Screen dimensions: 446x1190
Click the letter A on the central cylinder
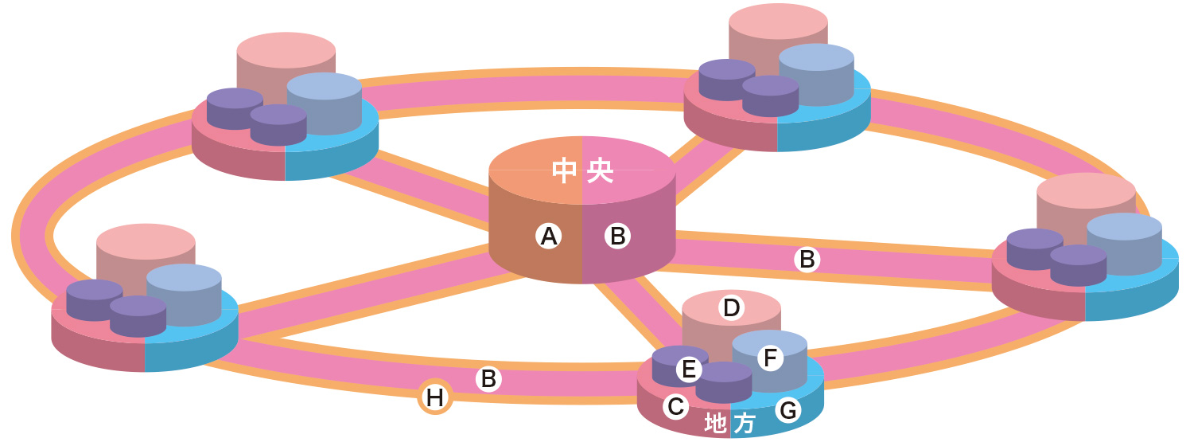[547, 236]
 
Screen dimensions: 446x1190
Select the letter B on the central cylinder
[618, 236]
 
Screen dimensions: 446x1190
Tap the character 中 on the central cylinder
[564, 170]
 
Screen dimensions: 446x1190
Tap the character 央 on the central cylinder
[600, 170]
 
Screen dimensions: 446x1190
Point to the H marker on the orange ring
[435, 397]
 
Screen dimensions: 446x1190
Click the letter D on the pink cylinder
[731, 307]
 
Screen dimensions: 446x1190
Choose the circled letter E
[689, 369]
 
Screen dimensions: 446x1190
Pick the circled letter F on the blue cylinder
[769, 358]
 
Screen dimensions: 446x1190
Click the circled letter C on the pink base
[675, 407]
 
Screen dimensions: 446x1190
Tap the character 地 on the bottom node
[717, 424]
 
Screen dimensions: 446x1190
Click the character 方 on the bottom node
[744, 424]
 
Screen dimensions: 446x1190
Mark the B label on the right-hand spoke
[807, 260]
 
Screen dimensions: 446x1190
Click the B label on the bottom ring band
[488, 379]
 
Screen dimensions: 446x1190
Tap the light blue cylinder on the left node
[185, 295]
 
